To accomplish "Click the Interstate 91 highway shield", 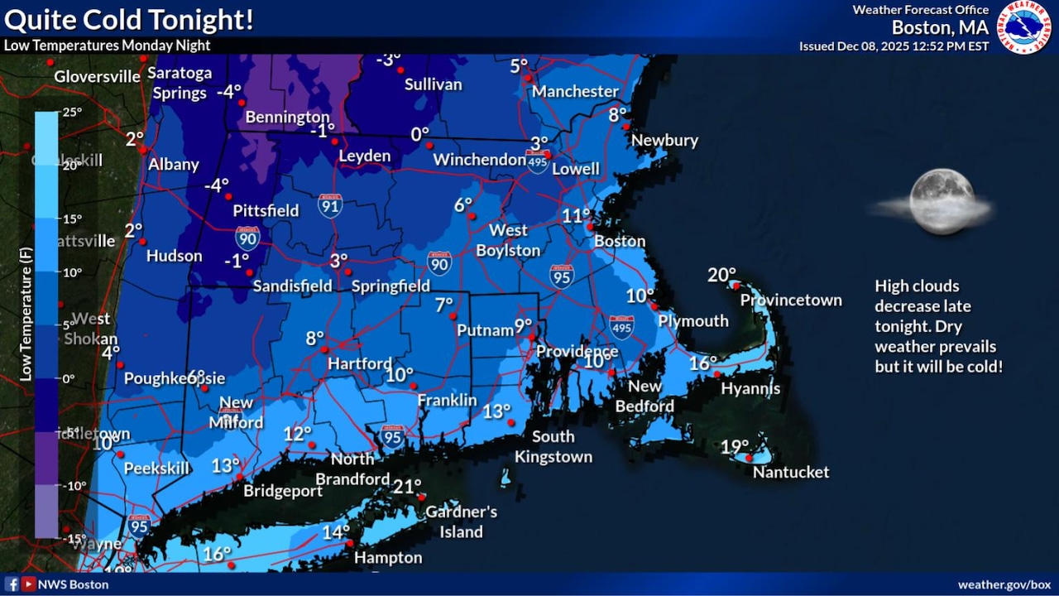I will [330, 205].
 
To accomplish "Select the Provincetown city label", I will [790, 300].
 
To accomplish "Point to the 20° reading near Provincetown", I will [721, 275].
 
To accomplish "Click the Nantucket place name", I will [790, 472].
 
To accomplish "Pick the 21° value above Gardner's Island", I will [406, 486].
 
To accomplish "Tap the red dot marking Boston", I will [589, 226].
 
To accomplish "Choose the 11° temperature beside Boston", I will [576, 215].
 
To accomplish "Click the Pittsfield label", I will [266, 211].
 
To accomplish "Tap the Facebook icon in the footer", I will [12, 584].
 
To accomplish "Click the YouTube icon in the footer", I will [28, 584].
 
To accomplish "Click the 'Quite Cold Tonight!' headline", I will [128, 19].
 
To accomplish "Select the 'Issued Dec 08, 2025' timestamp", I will [894, 46].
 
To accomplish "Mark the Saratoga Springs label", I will [180, 83].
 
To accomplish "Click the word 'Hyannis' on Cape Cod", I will [750, 388].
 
